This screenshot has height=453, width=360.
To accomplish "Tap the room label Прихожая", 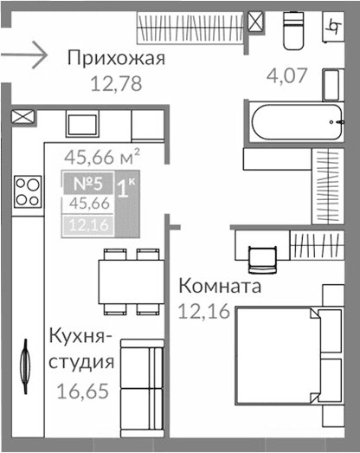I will (x=116, y=59).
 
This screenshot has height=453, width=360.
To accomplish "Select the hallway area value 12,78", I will (x=116, y=84).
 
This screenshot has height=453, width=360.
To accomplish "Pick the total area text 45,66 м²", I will (x=102, y=157).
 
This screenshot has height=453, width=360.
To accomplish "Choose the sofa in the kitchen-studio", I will (x=143, y=382).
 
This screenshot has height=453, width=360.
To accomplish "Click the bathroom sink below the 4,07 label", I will (x=332, y=85).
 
